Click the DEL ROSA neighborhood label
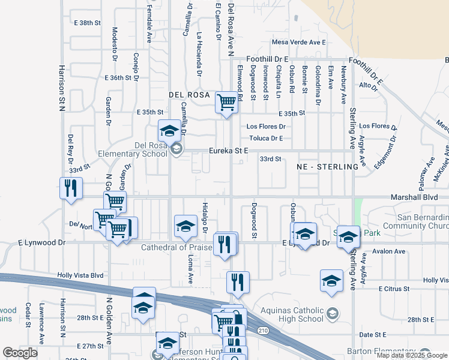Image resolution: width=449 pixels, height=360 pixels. pyautogui.click(x=189, y=95)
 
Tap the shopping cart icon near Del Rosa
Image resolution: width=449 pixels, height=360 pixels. pyautogui.click(x=226, y=102)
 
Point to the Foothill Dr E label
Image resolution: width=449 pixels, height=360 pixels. pyautogui.click(x=267, y=59)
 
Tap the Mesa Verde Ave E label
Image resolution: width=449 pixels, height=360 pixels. pyautogui.click(x=298, y=42)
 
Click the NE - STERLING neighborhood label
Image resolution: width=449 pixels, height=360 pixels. pyautogui.click(x=332, y=166)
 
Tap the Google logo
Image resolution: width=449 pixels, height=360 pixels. pyautogui.click(x=20, y=353)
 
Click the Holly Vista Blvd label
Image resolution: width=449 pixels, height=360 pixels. pyautogui.click(x=80, y=275)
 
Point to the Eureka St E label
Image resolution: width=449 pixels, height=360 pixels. pyautogui.click(x=228, y=151)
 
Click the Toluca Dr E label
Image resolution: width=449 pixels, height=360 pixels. pyautogui.click(x=266, y=138)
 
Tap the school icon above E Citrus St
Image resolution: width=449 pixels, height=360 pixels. pyautogui.click(x=331, y=281)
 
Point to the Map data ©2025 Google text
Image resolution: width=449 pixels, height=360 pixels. pyautogui.click(x=412, y=355)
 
